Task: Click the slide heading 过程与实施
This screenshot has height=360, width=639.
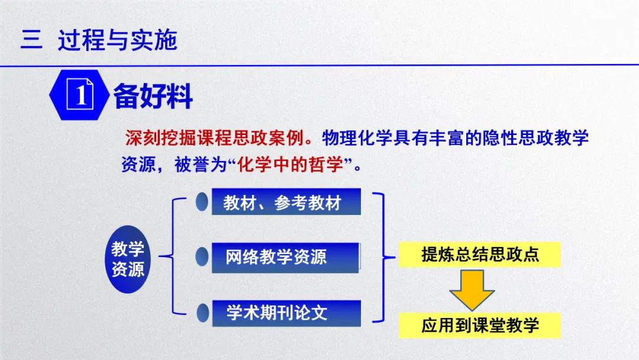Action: coord(117,40)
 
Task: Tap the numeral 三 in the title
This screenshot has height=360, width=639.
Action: coord(31,40)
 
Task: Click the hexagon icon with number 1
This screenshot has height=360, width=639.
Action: coord(79,95)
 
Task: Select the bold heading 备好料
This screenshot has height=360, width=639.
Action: coord(153,96)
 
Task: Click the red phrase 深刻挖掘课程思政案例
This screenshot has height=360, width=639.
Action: coord(215,138)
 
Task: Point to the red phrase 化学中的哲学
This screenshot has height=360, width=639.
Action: coord(290,165)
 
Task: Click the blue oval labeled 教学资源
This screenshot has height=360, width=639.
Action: coord(128,259)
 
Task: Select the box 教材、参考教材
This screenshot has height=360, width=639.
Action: coord(286,202)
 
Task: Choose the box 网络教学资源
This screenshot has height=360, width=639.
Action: coord(286,257)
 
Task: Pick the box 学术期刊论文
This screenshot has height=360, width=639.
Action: coord(286,313)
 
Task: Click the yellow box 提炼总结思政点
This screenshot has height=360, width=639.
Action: coord(480,255)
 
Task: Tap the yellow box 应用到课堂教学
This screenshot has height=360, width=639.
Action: coord(480,325)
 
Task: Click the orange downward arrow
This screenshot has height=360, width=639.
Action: coord(472,290)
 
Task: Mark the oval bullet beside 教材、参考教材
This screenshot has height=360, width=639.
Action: coord(202,202)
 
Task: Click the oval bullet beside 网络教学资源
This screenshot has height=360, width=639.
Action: coord(202,257)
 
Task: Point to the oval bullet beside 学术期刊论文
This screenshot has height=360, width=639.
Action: coord(202,313)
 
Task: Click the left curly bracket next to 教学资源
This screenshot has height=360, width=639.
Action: coord(173,256)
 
